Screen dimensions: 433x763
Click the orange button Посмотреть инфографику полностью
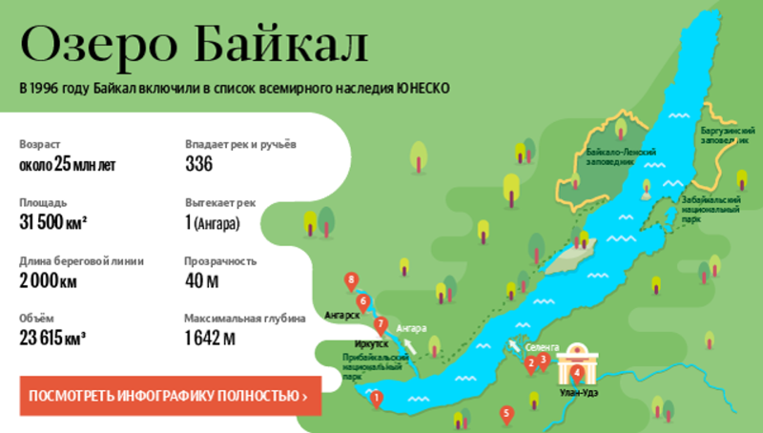(169, 396)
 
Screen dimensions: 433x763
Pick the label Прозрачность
(220, 260)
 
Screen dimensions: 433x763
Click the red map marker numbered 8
(352, 280)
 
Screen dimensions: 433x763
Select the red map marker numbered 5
(506, 414)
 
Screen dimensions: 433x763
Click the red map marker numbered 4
(576, 373)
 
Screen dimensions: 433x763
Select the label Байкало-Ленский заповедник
(619, 156)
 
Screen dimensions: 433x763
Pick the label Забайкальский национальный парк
(708, 208)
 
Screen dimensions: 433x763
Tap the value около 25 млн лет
(67, 165)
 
